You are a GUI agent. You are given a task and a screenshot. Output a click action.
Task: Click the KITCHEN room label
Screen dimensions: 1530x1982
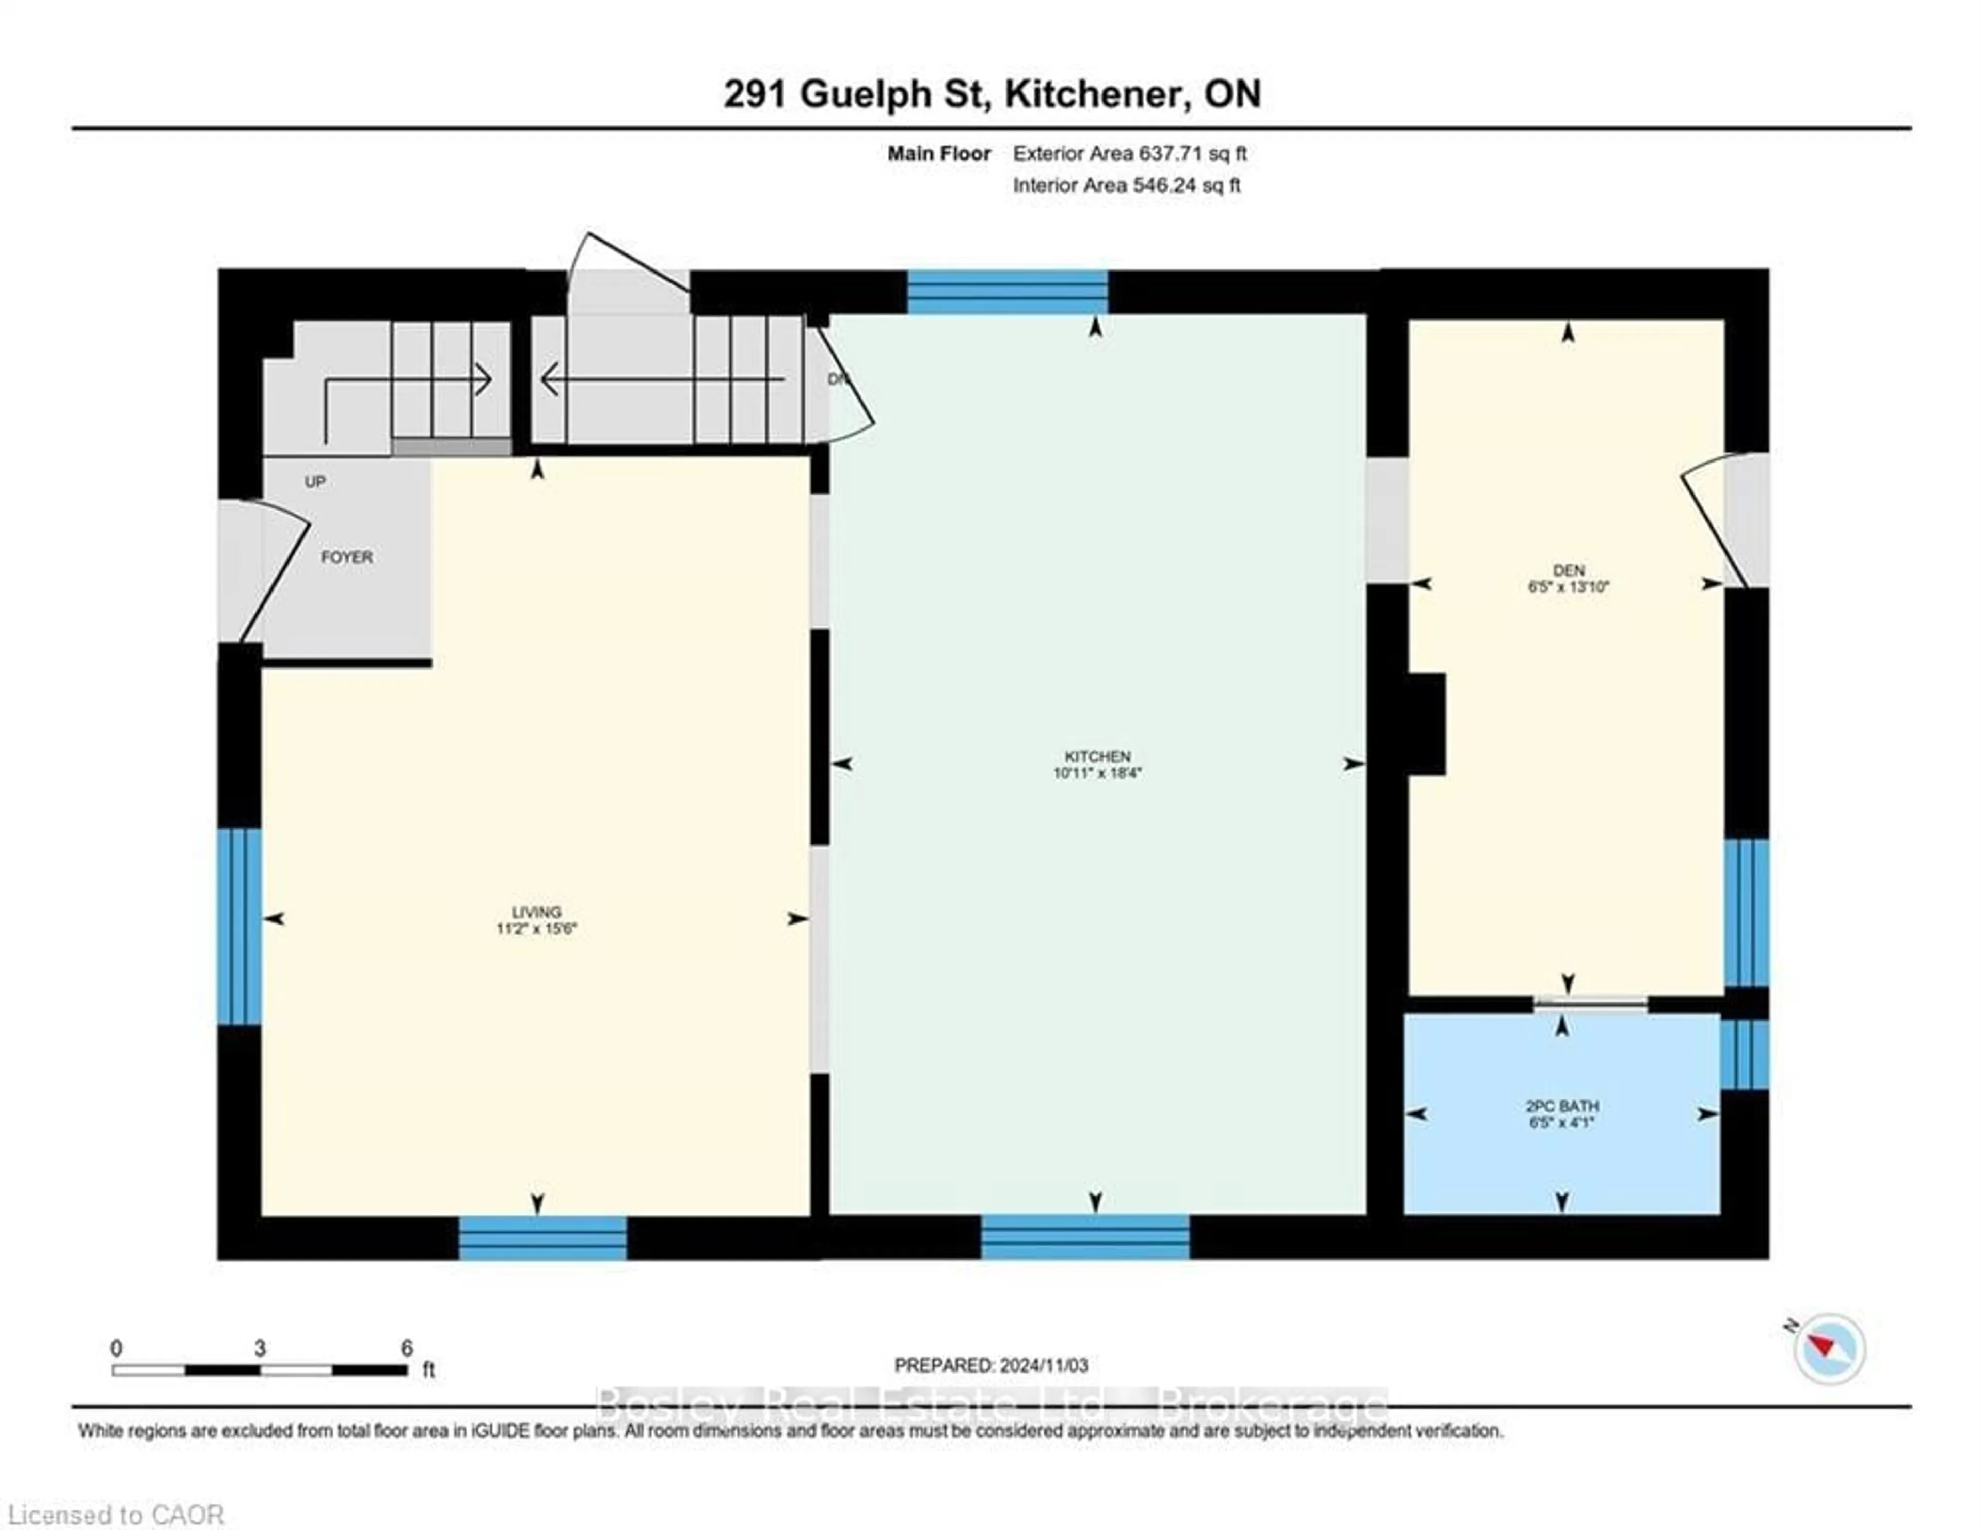point(1097,756)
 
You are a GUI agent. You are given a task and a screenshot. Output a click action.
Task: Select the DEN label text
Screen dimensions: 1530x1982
point(1568,570)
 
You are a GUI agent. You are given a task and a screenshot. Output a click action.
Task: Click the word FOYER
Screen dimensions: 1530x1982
point(347,557)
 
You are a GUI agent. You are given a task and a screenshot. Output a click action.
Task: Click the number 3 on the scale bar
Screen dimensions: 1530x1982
point(260,1348)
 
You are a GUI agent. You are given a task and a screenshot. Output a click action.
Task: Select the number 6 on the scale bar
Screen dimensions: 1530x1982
point(407,1348)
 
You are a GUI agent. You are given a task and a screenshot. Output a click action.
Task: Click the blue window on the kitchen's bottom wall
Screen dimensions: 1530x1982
point(1085,1237)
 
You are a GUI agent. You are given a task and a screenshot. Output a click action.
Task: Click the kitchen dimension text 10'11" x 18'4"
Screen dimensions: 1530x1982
point(1097,773)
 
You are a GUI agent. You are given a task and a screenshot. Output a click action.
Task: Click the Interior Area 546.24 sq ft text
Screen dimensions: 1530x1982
point(1126,185)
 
